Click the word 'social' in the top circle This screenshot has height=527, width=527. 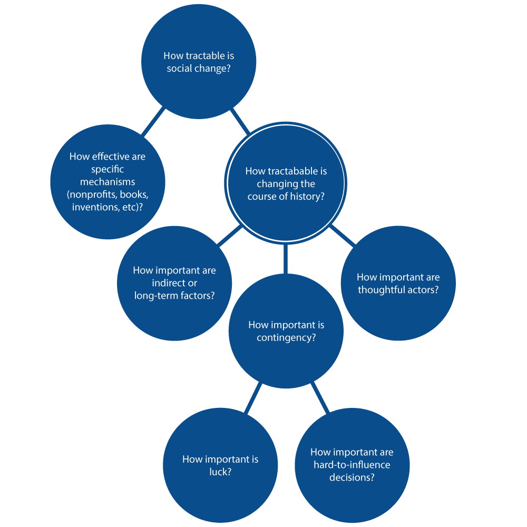tap(178, 69)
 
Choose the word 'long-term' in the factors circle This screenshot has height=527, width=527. tap(155, 296)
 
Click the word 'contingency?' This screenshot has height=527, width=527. tap(286, 338)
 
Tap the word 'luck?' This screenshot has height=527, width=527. tap(220, 472)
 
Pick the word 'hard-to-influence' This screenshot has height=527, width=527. tap(352, 465)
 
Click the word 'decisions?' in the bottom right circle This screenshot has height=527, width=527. tap(352, 477)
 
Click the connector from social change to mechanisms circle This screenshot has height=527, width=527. tap(153, 122)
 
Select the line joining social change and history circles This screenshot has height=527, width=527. tap(240, 121)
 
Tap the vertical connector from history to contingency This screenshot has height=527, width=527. tap(286, 258)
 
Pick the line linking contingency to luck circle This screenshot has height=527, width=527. tap(253, 398)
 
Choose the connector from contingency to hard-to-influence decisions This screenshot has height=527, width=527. tap(319, 398)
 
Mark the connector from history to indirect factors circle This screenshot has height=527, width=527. tap(230, 236)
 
